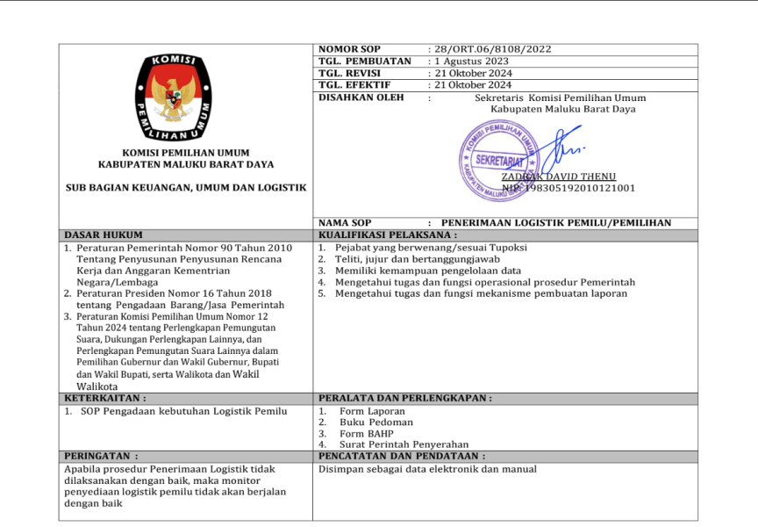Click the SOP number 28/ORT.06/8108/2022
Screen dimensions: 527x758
pyautogui.click(x=490, y=49)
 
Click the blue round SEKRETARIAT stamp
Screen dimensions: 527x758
pyautogui.click(x=498, y=159)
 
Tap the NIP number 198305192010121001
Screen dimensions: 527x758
pyautogui.click(x=568, y=188)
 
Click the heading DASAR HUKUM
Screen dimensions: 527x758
pyautogui.click(x=104, y=235)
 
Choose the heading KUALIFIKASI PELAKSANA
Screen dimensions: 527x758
pyautogui.click(x=388, y=235)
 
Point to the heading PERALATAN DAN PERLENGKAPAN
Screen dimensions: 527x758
pyautogui.click(x=404, y=398)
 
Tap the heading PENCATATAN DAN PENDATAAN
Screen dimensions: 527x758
pyautogui.click(x=401, y=457)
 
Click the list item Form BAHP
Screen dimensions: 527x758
pyautogui.click(x=366, y=433)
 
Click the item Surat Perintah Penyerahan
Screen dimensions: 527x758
pyautogui.click(x=404, y=444)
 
